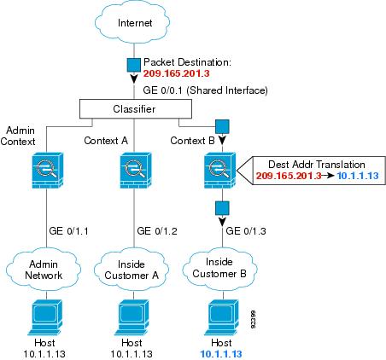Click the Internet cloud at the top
132,23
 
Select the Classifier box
136,109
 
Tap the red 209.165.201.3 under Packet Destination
176,73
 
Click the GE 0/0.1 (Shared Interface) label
205,90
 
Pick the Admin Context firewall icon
48,171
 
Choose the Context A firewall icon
136,171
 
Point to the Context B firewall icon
219,171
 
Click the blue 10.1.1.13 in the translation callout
358,176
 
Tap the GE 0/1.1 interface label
68,231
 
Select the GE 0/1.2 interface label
157,231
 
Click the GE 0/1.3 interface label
246,231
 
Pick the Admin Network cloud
44,270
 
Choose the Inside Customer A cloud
132,270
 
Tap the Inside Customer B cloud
219,269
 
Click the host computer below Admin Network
45,316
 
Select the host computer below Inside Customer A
133,316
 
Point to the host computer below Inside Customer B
222,316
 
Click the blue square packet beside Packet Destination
133,65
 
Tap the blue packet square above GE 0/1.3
222,208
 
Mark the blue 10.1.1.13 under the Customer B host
221,354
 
